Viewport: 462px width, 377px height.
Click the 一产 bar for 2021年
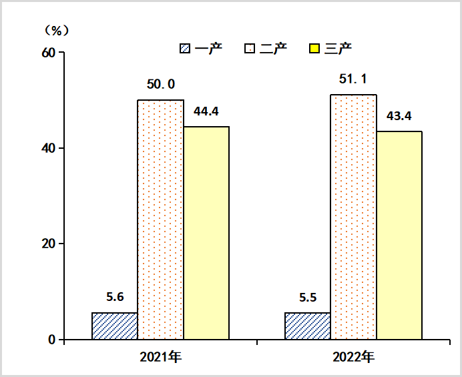tap(115, 326)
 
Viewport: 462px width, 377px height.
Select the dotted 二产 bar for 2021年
tap(160, 220)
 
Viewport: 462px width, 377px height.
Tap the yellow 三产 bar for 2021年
tap(206, 233)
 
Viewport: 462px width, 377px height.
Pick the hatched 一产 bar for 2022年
tap(308, 326)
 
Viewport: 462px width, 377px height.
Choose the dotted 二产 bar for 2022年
tap(353, 217)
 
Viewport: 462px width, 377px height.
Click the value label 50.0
tap(160, 84)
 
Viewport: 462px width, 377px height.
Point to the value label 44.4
tap(206, 111)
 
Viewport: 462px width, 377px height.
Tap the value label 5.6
tap(115, 298)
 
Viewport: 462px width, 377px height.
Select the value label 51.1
tap(353, 79)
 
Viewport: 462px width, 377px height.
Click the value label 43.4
tap(399, 116)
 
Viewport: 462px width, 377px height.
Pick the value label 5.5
tap(308, 298)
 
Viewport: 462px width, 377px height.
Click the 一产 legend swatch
tap(185, 49)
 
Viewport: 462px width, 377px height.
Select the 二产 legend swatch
tap(250, 49)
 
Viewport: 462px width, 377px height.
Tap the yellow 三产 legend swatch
tap(314, 49)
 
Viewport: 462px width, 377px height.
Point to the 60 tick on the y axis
tap(48, 52)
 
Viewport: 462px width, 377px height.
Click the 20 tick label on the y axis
tap(48, 244)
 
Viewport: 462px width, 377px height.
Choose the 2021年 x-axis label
tap(160, 356)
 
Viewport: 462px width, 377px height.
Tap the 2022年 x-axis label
tap(353, 356)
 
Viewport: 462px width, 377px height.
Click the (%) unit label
tap(56, 30)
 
